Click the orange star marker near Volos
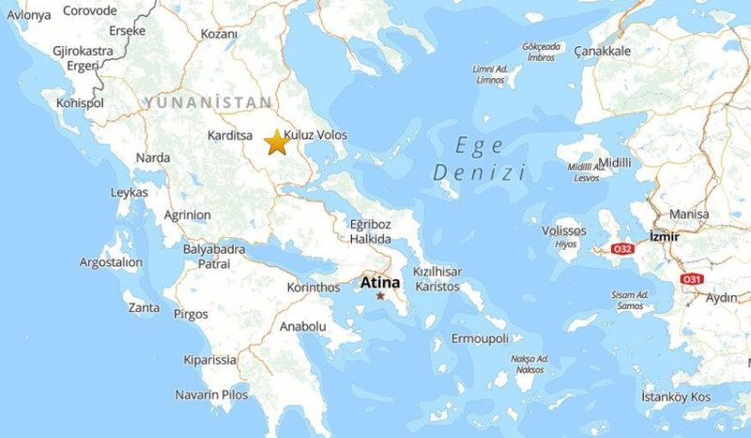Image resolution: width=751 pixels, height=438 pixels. pyautogui.click(x=276, y=143)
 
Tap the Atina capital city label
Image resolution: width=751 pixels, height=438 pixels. pyautogui.click(x=380, y=281)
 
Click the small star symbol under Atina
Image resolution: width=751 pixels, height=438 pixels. pyautogui.click(x=380, y=296)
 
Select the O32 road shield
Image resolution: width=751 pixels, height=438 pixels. pyautogui.click(x=623, y=249)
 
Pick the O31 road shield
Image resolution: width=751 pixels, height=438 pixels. pyautogui.click(x=692, y=278)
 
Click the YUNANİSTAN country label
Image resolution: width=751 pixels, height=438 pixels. pyautogui.click(x=207, y=102)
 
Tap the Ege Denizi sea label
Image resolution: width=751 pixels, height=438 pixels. pyautogui.click(x=479, y=159)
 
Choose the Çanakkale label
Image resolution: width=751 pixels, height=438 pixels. pyautogui.click(x=602, y=51)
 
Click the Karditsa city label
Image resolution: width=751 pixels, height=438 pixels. pyautogui.click(x=231, y=135)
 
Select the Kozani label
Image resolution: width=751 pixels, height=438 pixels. pyautogui.click(x=220, y=34)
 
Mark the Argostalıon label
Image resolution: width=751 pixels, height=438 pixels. pyautogui.click(x=110, y=261)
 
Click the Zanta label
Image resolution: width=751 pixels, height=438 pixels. pyautogui.click(x=144, y=307)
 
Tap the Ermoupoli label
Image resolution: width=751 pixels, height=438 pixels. pyautogui.click(x=480, y=337)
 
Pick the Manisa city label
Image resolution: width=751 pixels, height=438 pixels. pyautogui.click(x=689, y=214)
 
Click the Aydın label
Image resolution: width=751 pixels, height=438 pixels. pyautogui.click(x=722, y=297)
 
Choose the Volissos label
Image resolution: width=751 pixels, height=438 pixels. pyautogui.click(x=564, y=230)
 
